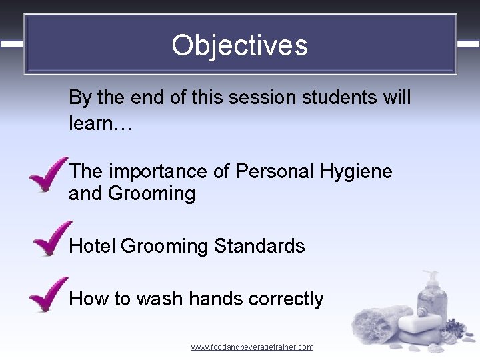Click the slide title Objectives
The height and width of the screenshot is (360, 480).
pos(239,45)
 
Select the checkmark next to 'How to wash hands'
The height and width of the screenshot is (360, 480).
pos(48,294)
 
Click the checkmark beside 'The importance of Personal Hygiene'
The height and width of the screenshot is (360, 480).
pos(48,175)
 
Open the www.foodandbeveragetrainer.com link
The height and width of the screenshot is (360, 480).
pos(252,347)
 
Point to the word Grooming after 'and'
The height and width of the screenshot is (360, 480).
pos(151,194)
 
